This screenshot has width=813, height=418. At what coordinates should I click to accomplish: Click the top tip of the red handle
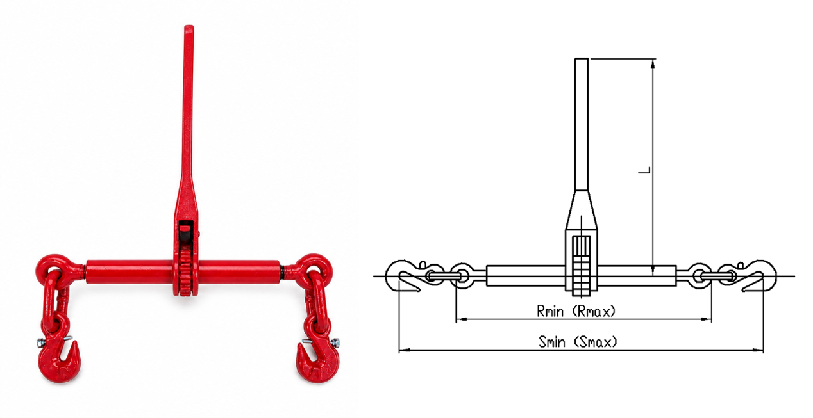[x=189, y=26]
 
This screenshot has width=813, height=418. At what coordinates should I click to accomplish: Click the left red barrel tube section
[x=130, y=271]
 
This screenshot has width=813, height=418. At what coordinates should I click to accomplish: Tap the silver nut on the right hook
[x=336, y=342]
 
